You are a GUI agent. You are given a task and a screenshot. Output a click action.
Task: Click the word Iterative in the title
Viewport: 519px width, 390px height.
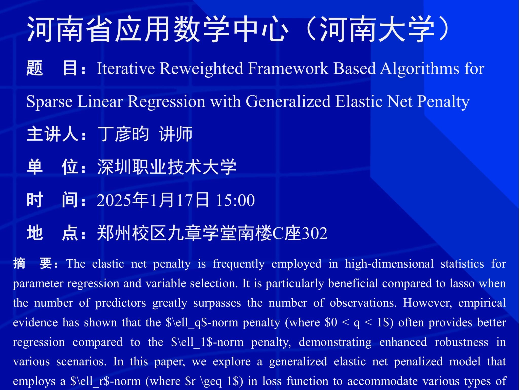tap(126, 68)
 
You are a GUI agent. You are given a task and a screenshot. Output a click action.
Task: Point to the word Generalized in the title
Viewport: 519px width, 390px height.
tap(288, 101)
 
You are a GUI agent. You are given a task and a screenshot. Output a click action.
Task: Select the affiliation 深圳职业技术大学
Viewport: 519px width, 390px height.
tap(167, 167)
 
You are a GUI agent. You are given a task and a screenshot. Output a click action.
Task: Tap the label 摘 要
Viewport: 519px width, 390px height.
tap(33, 263)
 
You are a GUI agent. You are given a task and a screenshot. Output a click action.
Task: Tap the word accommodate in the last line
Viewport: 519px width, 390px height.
tap(383, 381)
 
